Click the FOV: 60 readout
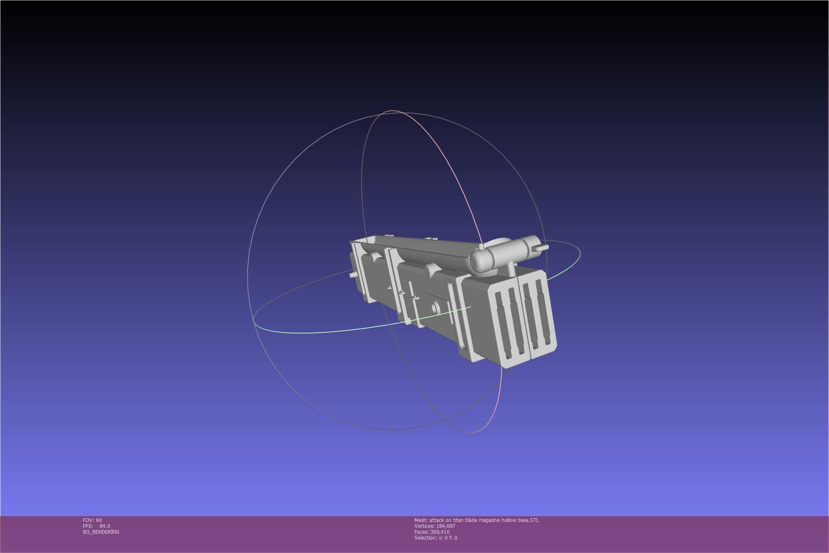point(92,520)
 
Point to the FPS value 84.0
point(105,526)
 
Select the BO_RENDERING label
point(101,532)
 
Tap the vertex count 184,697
point(445,526)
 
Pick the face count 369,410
point(440,532)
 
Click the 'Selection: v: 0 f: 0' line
point(435,538)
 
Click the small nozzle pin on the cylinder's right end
point(543,248)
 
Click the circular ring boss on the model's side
point(435,308)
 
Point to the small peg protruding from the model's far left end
point(353,275)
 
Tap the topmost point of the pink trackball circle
point(392,111)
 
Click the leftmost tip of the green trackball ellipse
point(253,320)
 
